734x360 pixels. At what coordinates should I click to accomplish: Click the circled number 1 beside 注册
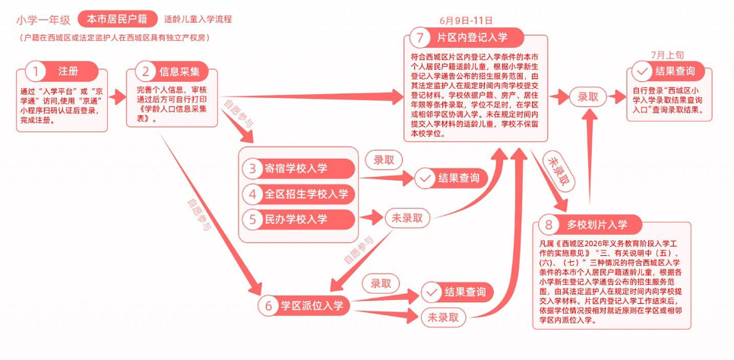pyautogui.click(x=35, y=71)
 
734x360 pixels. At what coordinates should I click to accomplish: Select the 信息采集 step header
pyautogui.click(x=171, y=71)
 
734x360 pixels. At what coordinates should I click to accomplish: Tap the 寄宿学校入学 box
pyautogui.click(x=299, y=169)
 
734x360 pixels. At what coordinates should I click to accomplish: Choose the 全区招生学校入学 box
pyautogui.click(x=299, y=194)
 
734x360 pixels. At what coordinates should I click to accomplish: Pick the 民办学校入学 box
pyautogui.click(x=299, y=219)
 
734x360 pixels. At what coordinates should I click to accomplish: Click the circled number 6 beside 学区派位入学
pyautogui.click(x=268, y=305)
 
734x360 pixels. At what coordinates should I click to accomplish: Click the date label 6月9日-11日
pyautogui.click(x=466, y=21)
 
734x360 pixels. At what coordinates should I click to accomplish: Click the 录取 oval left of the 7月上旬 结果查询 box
pyautogui.click(x=588, y=97)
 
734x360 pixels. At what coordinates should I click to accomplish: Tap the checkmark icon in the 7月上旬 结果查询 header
pyautogui.click(x=641, y=72)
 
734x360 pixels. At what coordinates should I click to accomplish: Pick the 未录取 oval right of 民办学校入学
pyautogui.click(x=407, y=218)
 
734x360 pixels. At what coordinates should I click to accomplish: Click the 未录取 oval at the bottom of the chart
pyautogui.click(x=443, y=317)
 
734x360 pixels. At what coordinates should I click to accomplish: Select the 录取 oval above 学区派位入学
pyautogui.click(x=381, y=284)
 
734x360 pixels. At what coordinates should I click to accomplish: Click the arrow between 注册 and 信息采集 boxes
pyautogui.click(x=118, y=97)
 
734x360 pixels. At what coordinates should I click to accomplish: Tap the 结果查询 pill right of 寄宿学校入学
pyautogui.click(x=452, y=178)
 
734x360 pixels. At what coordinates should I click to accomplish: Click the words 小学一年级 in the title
pyautogui.click(x=43, y=21)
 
